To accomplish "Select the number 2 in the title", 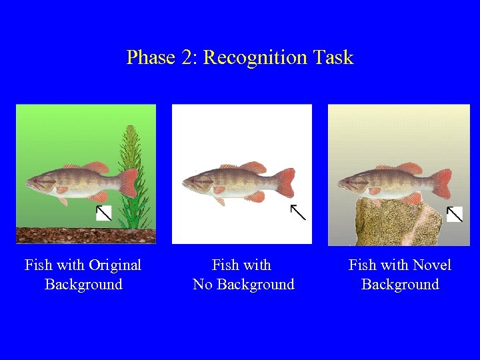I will click(x=186, y=58).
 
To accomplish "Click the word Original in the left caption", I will click(x=110, y=265).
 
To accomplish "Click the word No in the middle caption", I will click(x=202, y=285).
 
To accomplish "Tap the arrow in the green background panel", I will click(x=103, y=213).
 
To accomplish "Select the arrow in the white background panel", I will click(x=297, y=212).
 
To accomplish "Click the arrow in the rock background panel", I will click(x=454, y=213).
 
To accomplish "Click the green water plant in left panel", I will click(x=137, y=180).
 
